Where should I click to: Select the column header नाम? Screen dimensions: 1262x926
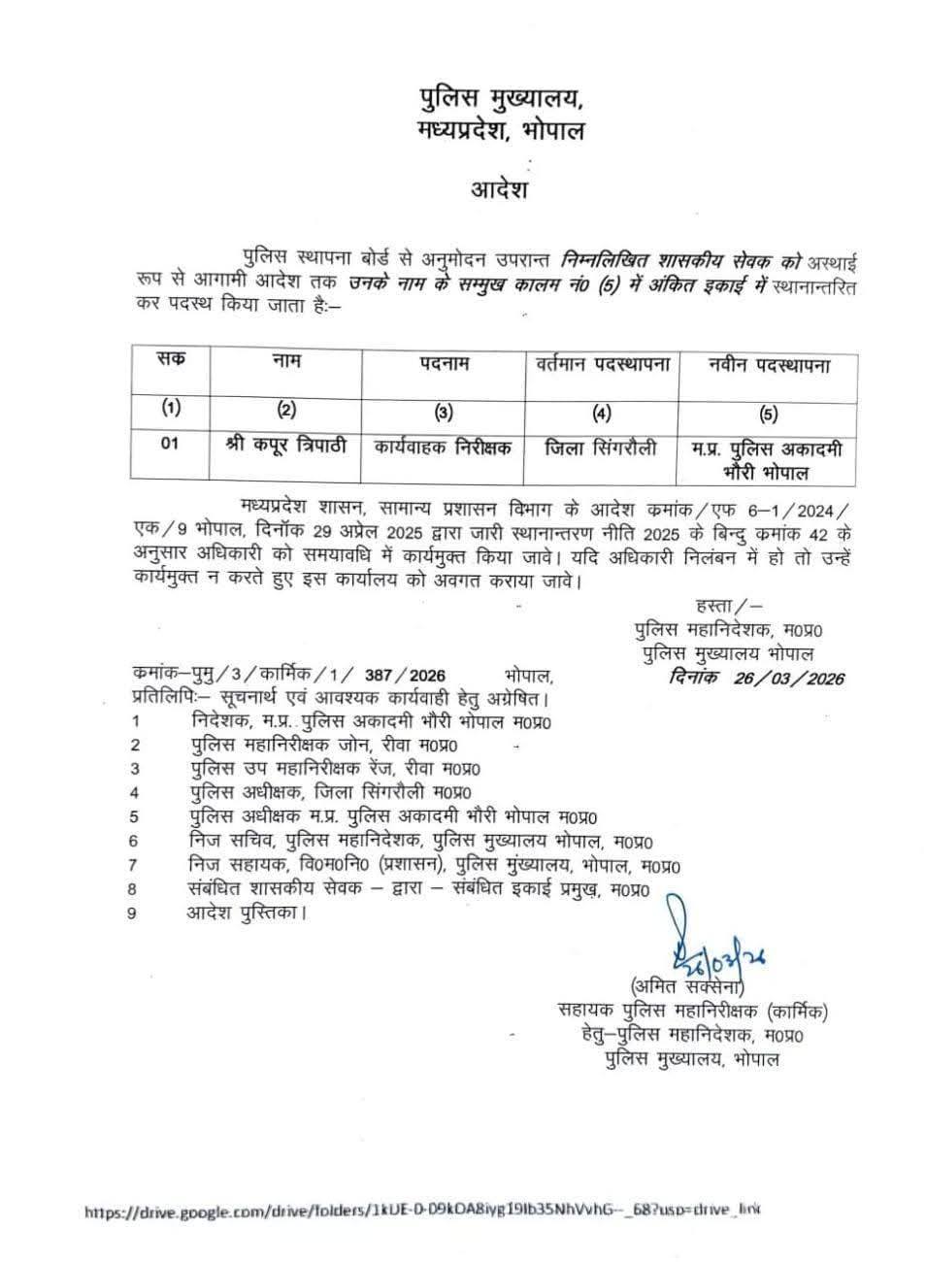click(285, 362)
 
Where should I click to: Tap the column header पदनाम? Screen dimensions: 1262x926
click(444, 363)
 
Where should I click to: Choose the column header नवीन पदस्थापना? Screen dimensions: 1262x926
click(769, 365)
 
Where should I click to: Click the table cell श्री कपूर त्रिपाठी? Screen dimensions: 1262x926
click(285, 447)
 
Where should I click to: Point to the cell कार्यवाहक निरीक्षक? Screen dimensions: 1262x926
click(444, 448)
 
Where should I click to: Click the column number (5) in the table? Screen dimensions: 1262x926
click(769, 413)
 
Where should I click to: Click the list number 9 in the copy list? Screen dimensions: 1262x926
click(131, 913)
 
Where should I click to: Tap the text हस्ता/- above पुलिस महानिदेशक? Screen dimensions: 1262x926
click(722, 607)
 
